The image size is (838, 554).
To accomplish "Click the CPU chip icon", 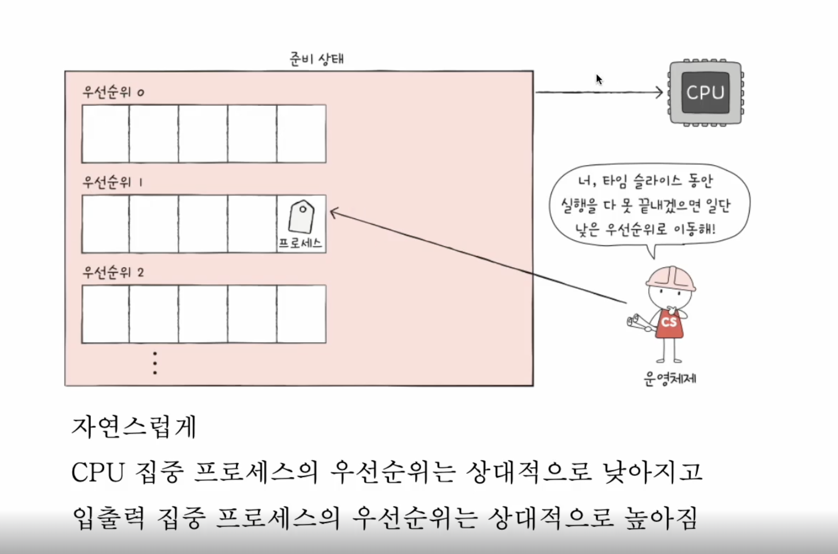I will (x=705, y=93).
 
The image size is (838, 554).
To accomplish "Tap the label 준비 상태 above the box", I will (x=316, y=59).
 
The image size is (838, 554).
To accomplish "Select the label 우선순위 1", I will (x=112, y=182).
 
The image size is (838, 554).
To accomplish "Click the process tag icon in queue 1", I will (x=301, y=216).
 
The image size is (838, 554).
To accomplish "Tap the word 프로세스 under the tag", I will (x=300, y=243).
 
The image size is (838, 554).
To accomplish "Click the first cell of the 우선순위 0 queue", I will (x=106, y=134).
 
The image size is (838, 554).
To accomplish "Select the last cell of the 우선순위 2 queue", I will (x=301, y=314).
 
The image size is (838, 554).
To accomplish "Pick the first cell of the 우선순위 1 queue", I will (x=106, y=224).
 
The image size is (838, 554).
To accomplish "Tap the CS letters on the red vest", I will (x=669, y=322).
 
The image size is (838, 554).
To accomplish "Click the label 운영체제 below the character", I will (x=670, y=379).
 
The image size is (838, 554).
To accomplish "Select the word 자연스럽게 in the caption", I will (x=134, y=427).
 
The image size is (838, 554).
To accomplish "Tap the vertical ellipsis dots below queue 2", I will (x=155, y=363).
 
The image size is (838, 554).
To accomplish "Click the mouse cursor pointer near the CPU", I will (x=599, y=79).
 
